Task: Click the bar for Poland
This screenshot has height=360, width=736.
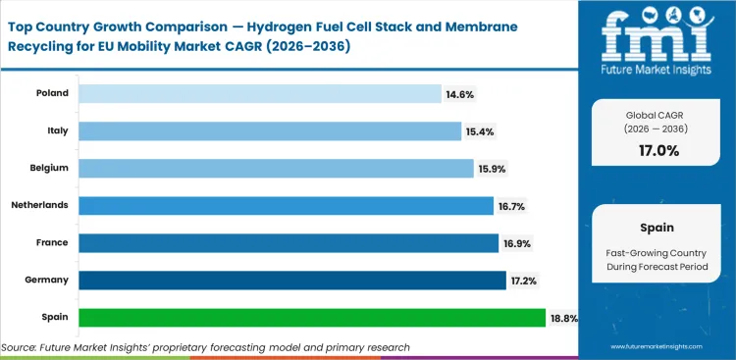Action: coord(259,93)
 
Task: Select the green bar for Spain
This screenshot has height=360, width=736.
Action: coord(311,317)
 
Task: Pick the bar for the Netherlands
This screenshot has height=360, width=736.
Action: coord(285,205)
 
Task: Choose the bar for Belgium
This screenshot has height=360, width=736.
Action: coord(275,168)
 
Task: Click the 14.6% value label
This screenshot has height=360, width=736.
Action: coord(461,93)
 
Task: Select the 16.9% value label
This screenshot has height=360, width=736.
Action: coord(519,242)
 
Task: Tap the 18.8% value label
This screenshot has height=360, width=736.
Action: coord(566,317)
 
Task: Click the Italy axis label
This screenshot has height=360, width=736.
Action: coord(56,130)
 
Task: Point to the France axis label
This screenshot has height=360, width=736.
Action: coord(51,242)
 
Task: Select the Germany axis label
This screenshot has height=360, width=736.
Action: coord(45,280)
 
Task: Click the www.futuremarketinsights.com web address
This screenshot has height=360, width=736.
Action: coord(657,347)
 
